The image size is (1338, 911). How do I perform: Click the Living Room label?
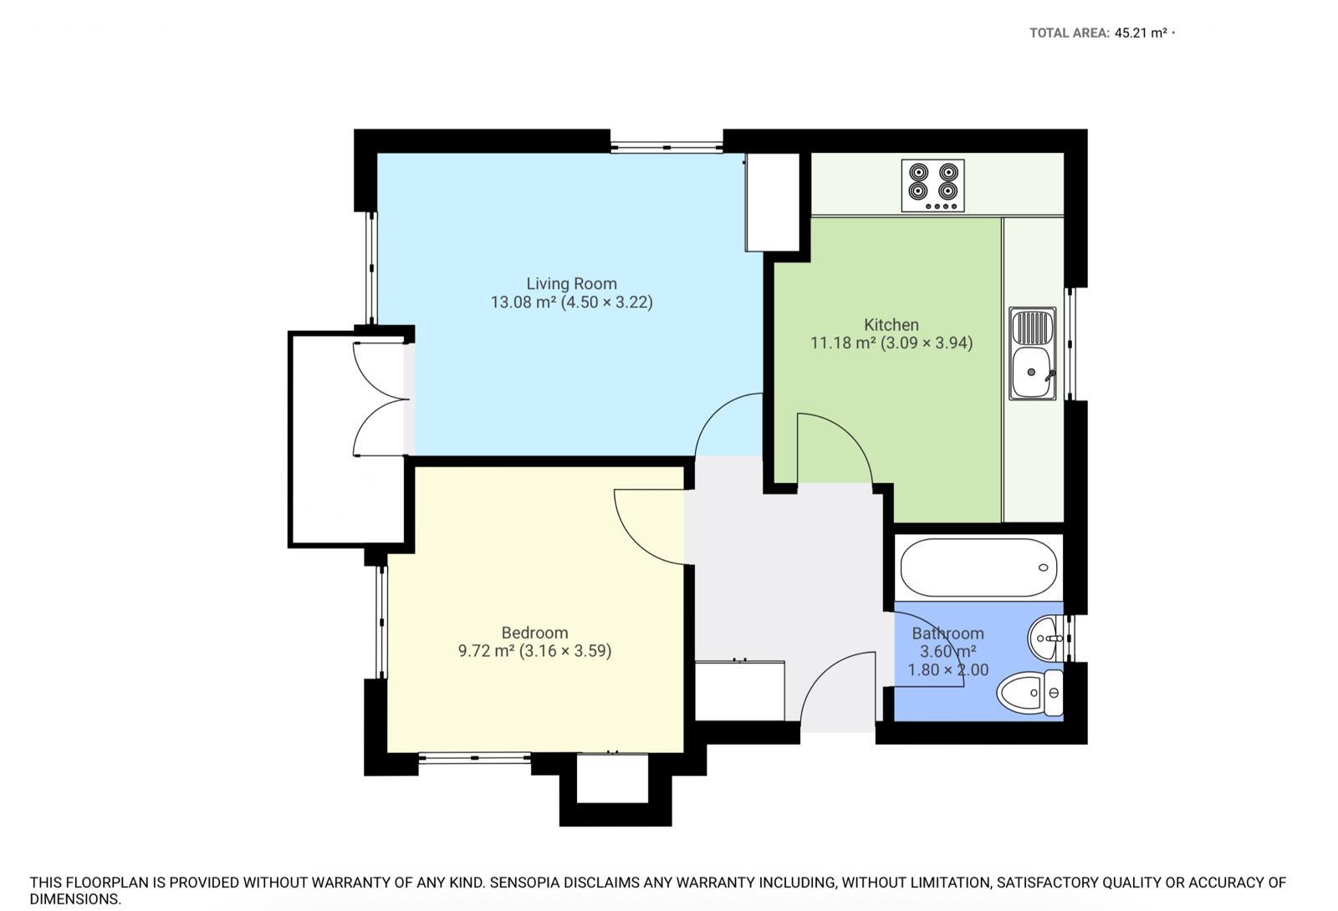click(572, 283)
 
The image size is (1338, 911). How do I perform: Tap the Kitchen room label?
click(891, 325)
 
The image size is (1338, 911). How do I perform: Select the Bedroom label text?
click(534, 633)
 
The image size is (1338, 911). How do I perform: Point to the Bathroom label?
click(948, 634)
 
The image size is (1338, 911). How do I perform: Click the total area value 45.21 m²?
click(1141, 33)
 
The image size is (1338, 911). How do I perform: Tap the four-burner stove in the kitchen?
click(933, 186)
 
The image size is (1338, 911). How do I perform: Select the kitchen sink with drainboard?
click(1033, 354)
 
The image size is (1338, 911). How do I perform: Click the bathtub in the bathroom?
click(979, 567)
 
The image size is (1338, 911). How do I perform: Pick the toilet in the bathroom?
click(1029, 693)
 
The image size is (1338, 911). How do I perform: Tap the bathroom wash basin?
click(1045, 639)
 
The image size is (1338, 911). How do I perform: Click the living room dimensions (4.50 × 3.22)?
click(607, 302)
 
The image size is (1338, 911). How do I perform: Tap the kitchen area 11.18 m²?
click(843, 344)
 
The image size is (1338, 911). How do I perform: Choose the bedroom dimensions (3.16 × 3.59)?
click(565, 651)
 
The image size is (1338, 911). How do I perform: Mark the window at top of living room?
click(666, 147)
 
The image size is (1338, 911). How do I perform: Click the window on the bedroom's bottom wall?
click(475, 758)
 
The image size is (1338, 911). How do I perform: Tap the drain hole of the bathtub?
click(1044, 567)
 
